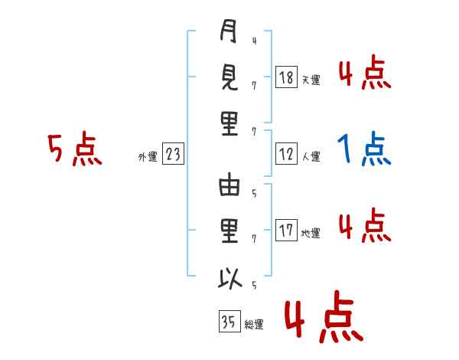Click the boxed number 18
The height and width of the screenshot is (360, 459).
click(286, 77)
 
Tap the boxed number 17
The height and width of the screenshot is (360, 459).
click(286, 229)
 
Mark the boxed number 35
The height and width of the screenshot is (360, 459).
click(228, 322)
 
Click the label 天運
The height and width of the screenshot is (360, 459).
click(311, 80)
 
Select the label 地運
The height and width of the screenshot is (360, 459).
click(311, 233)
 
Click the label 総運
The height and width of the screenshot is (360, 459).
click(254, 325)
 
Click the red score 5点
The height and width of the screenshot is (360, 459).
click(74, 150)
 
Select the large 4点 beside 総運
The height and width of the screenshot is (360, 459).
click(323, 319)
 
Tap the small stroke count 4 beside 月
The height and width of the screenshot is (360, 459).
click(253, 40)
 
